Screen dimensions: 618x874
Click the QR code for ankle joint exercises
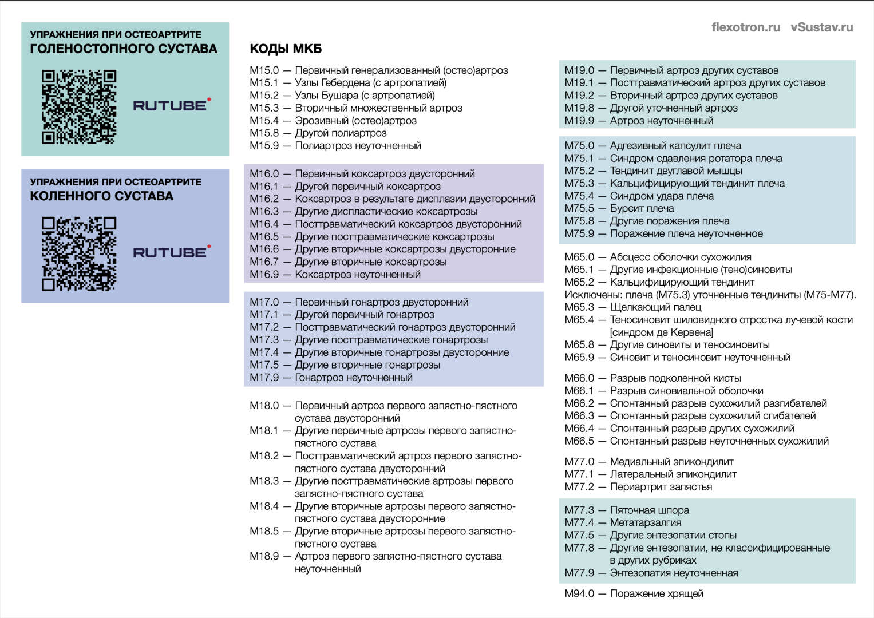(79, 106)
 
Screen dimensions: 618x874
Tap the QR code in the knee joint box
(79, 253)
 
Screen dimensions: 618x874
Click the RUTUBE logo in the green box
(171, 105)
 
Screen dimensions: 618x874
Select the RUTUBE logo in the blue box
(171, 252)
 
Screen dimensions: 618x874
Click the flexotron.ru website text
(745, 27)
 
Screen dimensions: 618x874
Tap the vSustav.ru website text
(821, 27)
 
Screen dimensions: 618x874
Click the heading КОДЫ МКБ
(286, 49)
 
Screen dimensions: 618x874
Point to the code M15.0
(264, 70)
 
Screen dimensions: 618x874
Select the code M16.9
(264, 275)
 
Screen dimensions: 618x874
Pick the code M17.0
(264, 302)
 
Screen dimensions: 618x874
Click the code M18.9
(264, 556)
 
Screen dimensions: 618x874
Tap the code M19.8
(579, 108)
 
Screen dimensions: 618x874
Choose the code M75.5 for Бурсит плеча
(579, 208)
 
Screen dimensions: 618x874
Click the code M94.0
(579, 594)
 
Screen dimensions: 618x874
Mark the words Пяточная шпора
(649, 510)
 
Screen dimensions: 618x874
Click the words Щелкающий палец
(655, 307)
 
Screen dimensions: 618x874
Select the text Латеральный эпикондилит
(673, 474)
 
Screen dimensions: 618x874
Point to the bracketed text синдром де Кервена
(661, 332)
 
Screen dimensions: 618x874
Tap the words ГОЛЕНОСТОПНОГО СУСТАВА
(124, 49)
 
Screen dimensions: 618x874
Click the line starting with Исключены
(710, 295)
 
